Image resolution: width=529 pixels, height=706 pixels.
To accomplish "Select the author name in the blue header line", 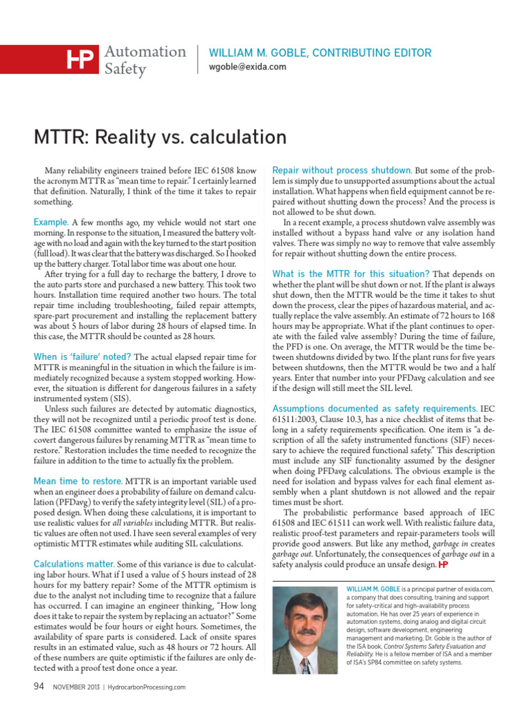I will (x=320, y=53).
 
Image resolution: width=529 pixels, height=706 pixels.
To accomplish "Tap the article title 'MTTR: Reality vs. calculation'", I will (x=160, y=137).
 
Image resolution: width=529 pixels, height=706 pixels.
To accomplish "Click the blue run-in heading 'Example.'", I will (x=51, y=223).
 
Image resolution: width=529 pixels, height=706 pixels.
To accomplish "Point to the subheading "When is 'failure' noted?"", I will (x=83, y=356).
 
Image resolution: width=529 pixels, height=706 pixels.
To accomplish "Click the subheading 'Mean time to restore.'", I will (x=78, y=481).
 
